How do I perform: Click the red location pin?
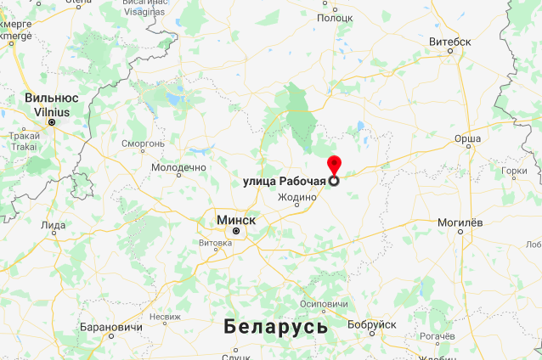click(334, 166)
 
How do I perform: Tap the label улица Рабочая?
click(285, 181)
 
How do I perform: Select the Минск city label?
click(236, 219)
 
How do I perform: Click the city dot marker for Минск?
click(237, 230)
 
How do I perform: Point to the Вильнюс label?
click(52, 98)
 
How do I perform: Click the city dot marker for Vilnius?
click(52, 122)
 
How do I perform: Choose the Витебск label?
click(450, 40)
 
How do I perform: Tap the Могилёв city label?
click(460, 222)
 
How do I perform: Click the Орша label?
click(467, 137)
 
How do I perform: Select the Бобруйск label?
click(372, 324)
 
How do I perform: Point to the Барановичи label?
click(110, 327)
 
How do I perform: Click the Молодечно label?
click(178, 167)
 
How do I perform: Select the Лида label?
click(53, 225)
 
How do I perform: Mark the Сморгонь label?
click(143, 143)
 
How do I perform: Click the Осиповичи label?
click(325, 304)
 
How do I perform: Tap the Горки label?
click(515, 171)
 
